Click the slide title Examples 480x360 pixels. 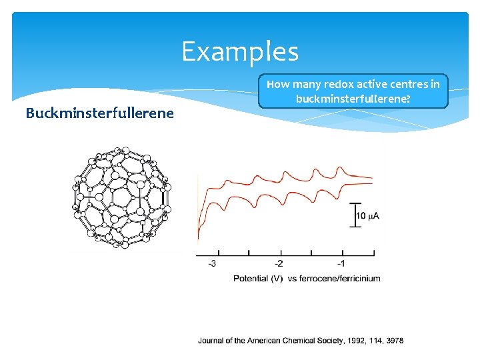240,51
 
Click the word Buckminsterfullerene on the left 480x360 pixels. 99,113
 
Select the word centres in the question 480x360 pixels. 411,85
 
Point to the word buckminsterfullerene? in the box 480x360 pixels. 353,99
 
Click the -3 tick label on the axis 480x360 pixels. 211,263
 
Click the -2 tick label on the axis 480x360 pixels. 279,263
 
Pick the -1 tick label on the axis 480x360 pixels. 341,263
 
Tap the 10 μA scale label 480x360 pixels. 367,216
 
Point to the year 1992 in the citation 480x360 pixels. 356,341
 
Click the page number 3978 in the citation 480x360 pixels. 394,341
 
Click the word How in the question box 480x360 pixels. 277,85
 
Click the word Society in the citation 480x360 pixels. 329,341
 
